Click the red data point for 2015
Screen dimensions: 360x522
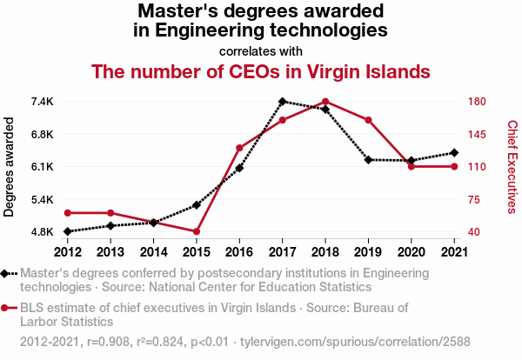tap(197, 231)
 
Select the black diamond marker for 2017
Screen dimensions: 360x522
tap(283, 102)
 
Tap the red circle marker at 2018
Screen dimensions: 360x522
tap(325, 102)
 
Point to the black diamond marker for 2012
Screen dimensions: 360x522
tap(68, 231)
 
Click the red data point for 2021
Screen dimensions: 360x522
tap(454, 166)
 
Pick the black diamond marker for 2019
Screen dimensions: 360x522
tap(368, 160)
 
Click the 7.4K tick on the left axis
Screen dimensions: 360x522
tap(41, 102)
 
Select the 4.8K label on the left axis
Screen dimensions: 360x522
tap(41, 232)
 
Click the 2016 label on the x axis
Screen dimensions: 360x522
tap(239, 252)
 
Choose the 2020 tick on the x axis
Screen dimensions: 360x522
tap(411, 252)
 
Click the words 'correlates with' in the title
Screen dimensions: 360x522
tap(261, 50)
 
